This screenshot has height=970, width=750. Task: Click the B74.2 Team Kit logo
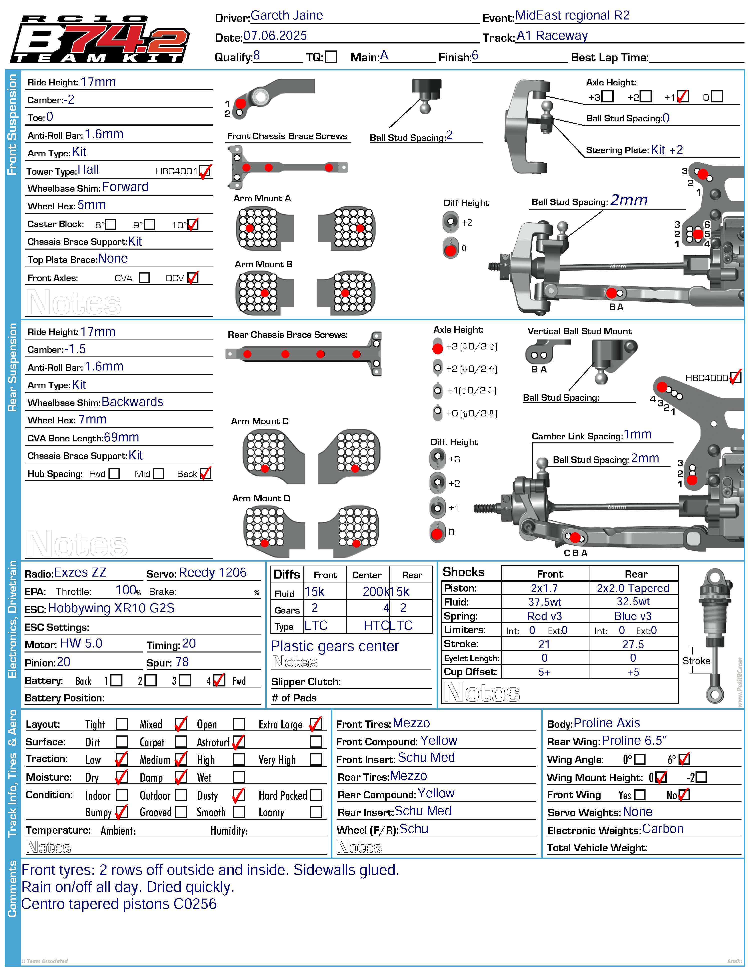[x=100, y=39]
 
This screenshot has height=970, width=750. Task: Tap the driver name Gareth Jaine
[x=287, y=15]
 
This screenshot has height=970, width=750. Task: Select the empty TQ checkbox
[x=331, y=57]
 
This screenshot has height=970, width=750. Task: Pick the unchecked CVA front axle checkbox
[x=144, y=278]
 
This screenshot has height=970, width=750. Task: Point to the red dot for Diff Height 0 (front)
[x=450, y=250]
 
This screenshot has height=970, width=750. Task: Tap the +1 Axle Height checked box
[x=683, y=96]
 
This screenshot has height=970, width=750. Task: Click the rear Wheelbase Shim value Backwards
[x=132, y=402]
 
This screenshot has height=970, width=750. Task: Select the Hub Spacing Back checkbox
[x=205, y=473]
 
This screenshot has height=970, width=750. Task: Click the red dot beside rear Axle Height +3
[x=438, y=348]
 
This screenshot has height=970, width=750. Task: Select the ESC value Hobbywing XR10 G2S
[x=111, y=608]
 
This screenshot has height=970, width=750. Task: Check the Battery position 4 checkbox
[x=219, y=680]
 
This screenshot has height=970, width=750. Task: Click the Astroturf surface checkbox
[x=239, y=742]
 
